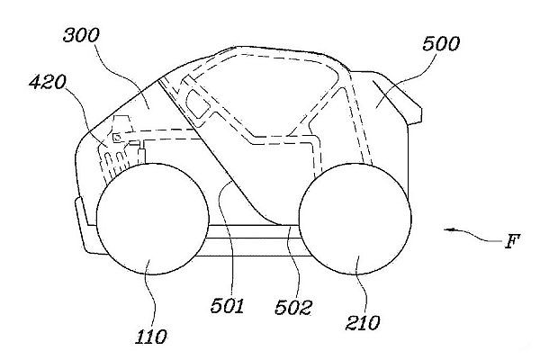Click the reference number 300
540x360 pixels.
[x=81, y=35]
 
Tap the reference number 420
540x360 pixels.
[x=47, y=83]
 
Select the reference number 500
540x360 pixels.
[x=441, y=44]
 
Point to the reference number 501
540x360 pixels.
[x=228, y=305]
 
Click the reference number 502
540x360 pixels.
[x=293, y=307]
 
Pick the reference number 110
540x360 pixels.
[x=151, y=337]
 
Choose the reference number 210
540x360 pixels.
[x=363, y=323]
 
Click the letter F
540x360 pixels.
[x=512, y=241]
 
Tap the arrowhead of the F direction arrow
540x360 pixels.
[x=447, y=229]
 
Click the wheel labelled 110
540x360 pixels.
[x=153, y=219]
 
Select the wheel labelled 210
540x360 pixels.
[x=355, y=219]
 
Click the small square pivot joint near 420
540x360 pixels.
[x=117, y=138]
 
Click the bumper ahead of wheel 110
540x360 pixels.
[x=86, y=228]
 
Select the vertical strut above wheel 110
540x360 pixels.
[x=141, y=155]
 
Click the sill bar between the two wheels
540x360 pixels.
[x=254, y=231]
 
